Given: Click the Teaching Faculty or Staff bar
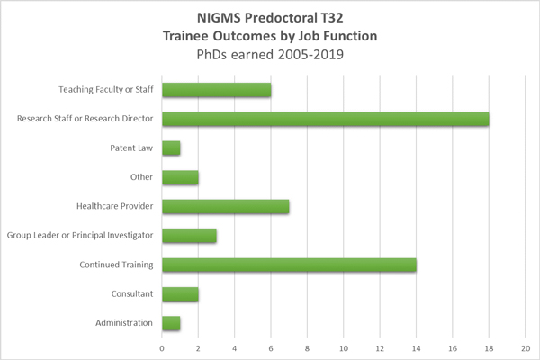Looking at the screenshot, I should point(216,90).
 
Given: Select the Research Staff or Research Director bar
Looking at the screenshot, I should point(325,119).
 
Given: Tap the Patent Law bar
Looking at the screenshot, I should point(171,148).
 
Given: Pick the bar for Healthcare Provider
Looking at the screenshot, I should point(225,207).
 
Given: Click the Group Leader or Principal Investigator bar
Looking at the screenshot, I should point(189,236).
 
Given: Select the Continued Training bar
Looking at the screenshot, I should point(289,265).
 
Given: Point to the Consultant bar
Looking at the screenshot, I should point(180,294).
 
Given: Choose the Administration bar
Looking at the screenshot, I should point(171,323).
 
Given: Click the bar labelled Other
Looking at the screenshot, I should point(180,177).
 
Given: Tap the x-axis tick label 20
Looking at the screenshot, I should point(525,347).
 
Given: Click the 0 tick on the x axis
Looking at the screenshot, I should point(162,347).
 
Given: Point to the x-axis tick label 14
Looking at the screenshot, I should point(416,347).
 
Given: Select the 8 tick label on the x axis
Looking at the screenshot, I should point(307,347).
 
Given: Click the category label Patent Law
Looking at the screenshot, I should point(131,148).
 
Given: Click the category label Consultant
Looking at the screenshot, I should point(131,294).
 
